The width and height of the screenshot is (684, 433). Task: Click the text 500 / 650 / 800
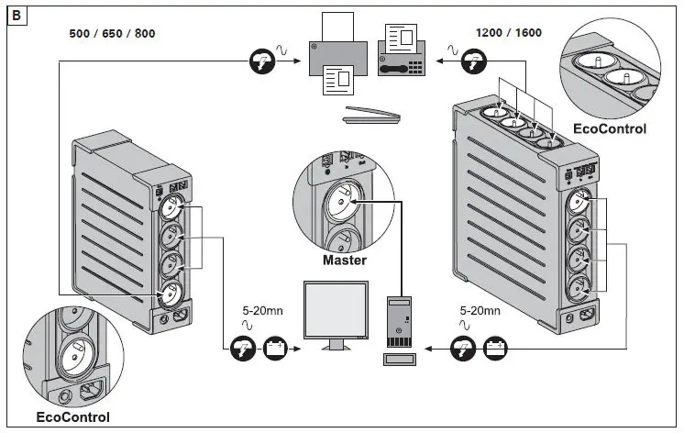coord(112,34)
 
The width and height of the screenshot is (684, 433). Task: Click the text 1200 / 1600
coord(508,34)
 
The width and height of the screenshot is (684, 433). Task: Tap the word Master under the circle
coord(345,261)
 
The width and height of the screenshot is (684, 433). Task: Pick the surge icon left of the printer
coord(261,61)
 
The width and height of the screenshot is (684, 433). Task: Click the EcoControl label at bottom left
coord(73,417)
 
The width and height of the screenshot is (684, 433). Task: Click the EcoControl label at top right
coord(609,128)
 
